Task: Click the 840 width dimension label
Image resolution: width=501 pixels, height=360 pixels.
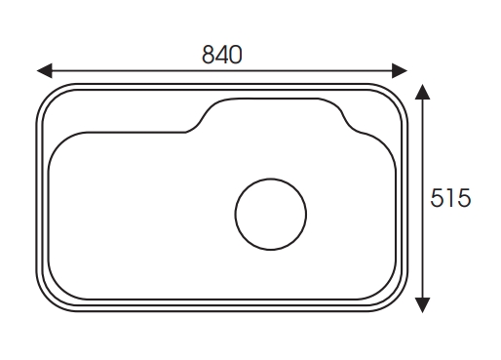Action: [222, 55]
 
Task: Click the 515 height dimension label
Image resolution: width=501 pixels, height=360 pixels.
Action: [450, 198]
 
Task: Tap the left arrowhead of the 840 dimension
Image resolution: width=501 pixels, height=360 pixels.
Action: [45, 70]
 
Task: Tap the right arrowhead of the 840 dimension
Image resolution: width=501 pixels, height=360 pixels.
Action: [400, 70]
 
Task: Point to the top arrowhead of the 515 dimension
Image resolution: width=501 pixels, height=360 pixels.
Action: [422, 92]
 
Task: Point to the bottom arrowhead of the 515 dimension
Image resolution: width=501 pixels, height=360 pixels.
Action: [422, 305]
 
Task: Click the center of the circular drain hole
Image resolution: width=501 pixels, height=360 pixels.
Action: [271, 214]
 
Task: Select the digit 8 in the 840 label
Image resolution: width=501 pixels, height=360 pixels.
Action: [208, 55]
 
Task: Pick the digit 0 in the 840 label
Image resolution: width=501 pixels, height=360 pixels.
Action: [236, 55]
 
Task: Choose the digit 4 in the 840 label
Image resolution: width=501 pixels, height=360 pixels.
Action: [221, 55]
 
